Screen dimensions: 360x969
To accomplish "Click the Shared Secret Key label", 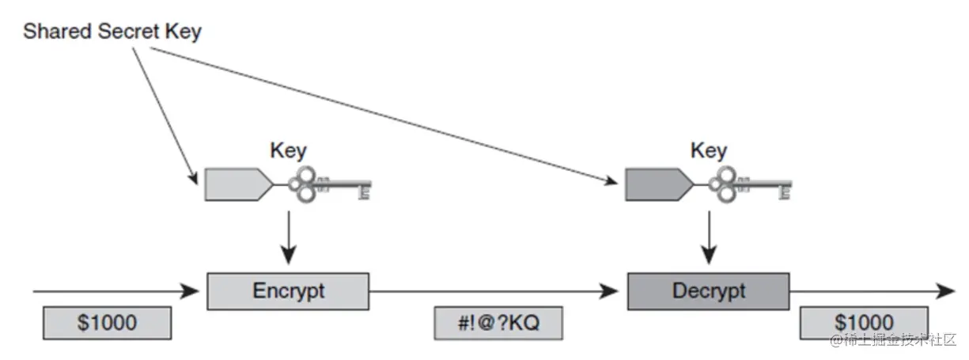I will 112,32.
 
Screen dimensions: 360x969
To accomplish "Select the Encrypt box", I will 288,290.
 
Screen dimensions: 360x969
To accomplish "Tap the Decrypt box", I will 708,290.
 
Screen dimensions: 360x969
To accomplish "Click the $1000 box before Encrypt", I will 107,323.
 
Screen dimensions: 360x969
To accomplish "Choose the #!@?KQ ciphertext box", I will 498,323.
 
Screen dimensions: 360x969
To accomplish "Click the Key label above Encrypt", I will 288,150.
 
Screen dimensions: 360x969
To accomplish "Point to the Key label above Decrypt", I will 708,150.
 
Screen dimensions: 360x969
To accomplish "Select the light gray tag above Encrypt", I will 236,184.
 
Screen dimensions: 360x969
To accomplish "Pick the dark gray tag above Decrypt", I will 656,184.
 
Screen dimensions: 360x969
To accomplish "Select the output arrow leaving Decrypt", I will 870,291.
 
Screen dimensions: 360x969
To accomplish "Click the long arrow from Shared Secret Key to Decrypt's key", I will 380,114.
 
